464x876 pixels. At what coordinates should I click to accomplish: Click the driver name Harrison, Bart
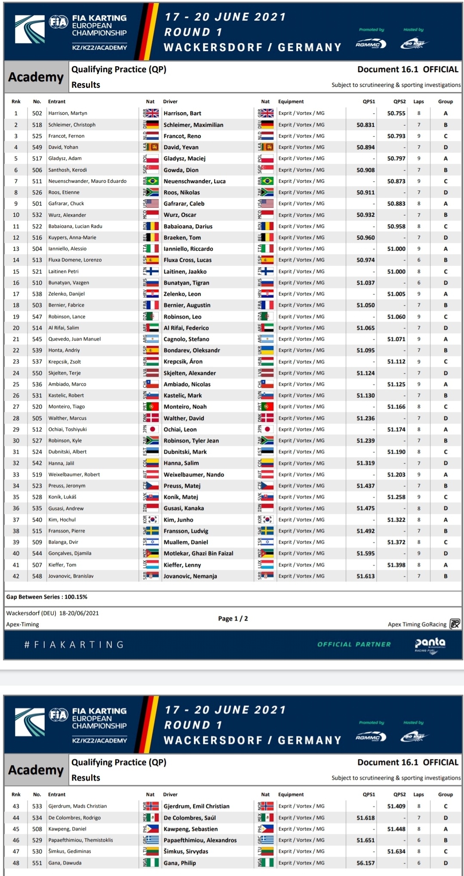coord(182,114)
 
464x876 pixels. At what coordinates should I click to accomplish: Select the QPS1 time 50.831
coord(366,125)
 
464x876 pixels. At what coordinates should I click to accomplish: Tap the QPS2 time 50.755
coord(396,114)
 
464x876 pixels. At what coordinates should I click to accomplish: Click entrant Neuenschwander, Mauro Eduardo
coord(87,181)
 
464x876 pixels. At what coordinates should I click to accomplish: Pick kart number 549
coord(37,147)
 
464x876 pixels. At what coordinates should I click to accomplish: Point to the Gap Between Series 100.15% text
coord(47,597)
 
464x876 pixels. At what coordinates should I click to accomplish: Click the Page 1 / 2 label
coord(233,618)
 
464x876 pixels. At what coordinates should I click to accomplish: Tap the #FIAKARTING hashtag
coord(74,645)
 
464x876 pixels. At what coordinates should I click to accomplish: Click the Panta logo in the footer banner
coord(430,644)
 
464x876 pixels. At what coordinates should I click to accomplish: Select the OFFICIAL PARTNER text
coord(354,644)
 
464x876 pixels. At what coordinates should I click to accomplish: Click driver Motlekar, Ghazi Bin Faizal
coord(198,553)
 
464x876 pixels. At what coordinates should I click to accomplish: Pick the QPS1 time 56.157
coord(366,863)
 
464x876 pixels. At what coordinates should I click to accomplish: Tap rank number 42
coord(16,576)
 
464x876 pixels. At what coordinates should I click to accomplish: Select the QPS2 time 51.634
coord(396,851)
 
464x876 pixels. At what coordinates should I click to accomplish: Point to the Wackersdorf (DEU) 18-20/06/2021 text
coord(52,613)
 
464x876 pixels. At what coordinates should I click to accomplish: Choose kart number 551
coord(37,863)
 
